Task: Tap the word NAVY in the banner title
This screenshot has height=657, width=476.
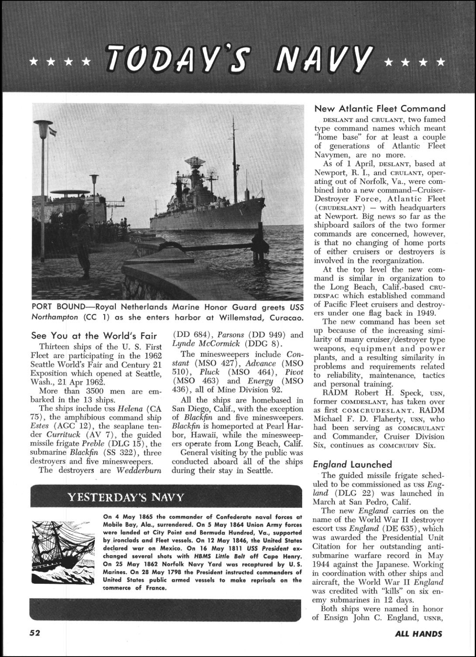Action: click(323, 59)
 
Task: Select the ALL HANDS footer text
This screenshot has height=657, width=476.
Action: click(418, 634)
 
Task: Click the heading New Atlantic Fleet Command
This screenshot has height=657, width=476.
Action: click(380, 109)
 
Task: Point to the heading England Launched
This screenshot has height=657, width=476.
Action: click(352, 464)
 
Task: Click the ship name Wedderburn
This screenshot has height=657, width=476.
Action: click(139, 470)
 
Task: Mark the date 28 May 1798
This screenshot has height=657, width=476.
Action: click(129, 572)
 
